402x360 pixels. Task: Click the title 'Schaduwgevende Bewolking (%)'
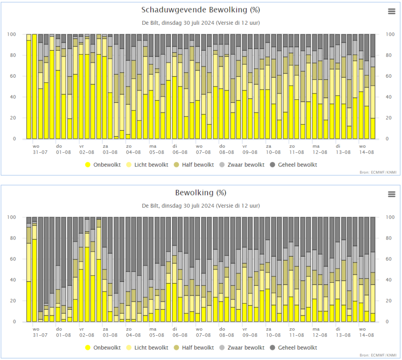click(x=201, y=10)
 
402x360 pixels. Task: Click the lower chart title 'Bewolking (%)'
click(x=201, y=193)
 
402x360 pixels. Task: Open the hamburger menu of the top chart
click(x=391, y=11)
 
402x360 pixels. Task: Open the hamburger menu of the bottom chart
click(x=391, y=194)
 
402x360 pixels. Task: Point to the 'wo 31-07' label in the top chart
click(x=40, y=149)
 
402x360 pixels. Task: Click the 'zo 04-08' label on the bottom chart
click(x=133, y=332)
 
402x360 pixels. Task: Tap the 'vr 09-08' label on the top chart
click(x=250, y=149)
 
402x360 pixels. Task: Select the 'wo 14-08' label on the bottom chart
click(x=366, y=332)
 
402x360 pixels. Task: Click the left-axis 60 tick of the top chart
click(x=13, y=76)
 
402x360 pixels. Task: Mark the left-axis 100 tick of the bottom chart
click(x=11, y=217)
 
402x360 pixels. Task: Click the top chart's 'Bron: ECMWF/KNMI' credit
click(x=378, y=172)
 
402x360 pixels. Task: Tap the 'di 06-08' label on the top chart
click(x=180, y=149)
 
